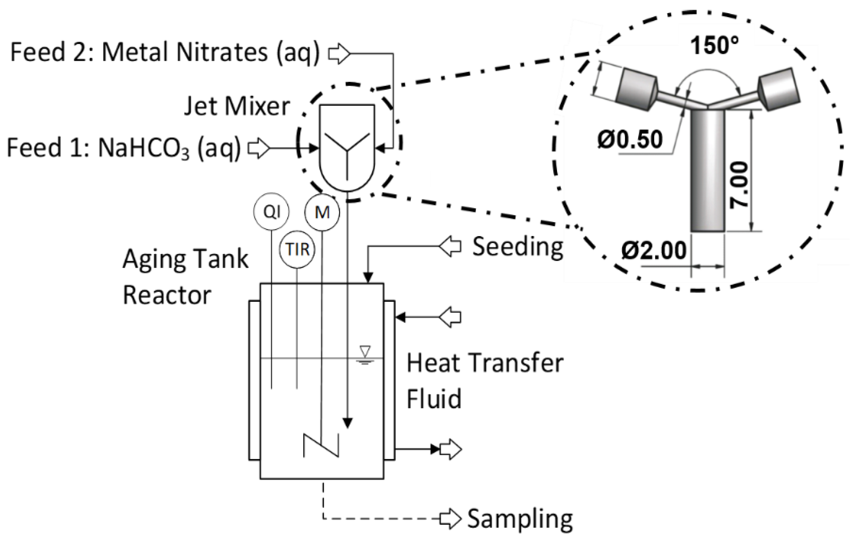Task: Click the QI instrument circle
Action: click(271, 212)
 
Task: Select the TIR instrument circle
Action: click(297, 250)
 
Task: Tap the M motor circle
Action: click(322, 212)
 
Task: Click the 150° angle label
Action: click(714, 46)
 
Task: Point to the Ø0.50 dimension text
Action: click(630, 140)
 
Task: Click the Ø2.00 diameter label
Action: click(654, 251)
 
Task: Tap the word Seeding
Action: click(518, 247)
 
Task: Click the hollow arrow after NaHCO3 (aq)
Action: click(259, 148)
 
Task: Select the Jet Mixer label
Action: click(237, 106)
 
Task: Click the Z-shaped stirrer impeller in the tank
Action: click(321, 445)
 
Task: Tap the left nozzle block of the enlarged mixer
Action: click(637, 89)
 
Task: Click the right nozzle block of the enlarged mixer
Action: click(779, 89)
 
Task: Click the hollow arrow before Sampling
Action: click(450, 519)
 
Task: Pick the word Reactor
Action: click(167, 295)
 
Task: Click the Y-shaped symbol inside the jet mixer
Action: click(347, 152)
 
